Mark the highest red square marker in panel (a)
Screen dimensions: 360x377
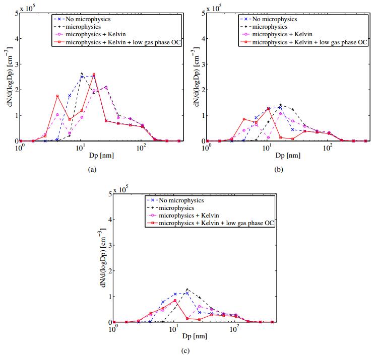94,75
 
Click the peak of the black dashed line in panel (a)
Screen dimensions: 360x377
82,74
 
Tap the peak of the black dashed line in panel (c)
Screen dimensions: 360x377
187,289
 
